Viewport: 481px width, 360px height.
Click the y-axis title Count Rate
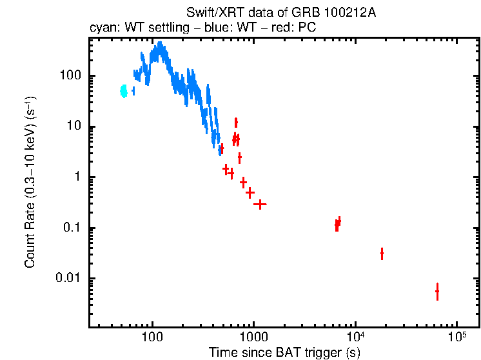pyautogui.click(x=30, y=182)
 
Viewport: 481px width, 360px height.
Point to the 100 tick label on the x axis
pyautogui.click(x=152, y=336)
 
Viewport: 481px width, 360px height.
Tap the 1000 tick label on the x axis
pyautogui.click(x=253, y=336)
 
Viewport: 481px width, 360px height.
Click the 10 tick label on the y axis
pyautogui.click(x=74, y=126)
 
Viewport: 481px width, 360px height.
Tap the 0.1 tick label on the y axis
pyautogui.click(x=72, y=228)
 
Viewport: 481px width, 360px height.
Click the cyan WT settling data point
pyautogui.click(x=124, y=91)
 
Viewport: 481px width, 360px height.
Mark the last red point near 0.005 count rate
pyautogui.click(x=437, y=292)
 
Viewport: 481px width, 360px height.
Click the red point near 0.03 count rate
pyautogui.click(x=382, y=254)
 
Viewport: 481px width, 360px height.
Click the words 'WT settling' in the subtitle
pyautogui.click(x=145, y=28)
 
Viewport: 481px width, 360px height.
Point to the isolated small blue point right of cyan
pyautogui.click(x=133, y=91)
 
